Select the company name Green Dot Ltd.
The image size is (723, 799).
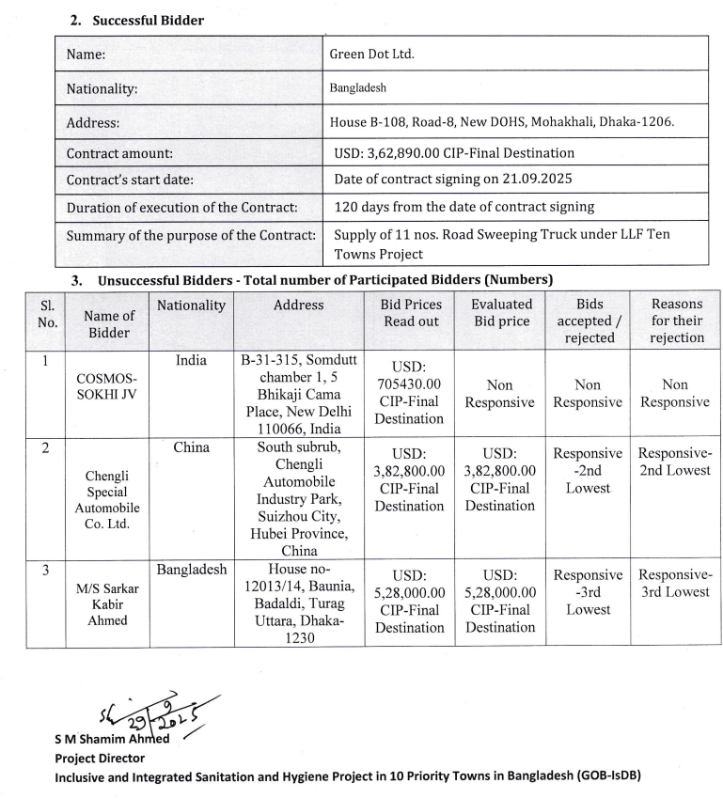(371, 54)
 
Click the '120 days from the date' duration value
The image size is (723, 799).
(464, 207)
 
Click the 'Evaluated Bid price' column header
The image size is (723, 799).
(501, 313)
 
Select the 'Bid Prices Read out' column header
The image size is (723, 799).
(410, 313)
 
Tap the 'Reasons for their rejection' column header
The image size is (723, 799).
(675, 321)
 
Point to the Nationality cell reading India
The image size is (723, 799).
(191, 359)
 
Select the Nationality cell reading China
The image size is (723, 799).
(191, 447)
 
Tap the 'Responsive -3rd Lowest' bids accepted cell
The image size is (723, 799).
(588, 592)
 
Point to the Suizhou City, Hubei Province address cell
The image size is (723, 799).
(299, 498)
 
